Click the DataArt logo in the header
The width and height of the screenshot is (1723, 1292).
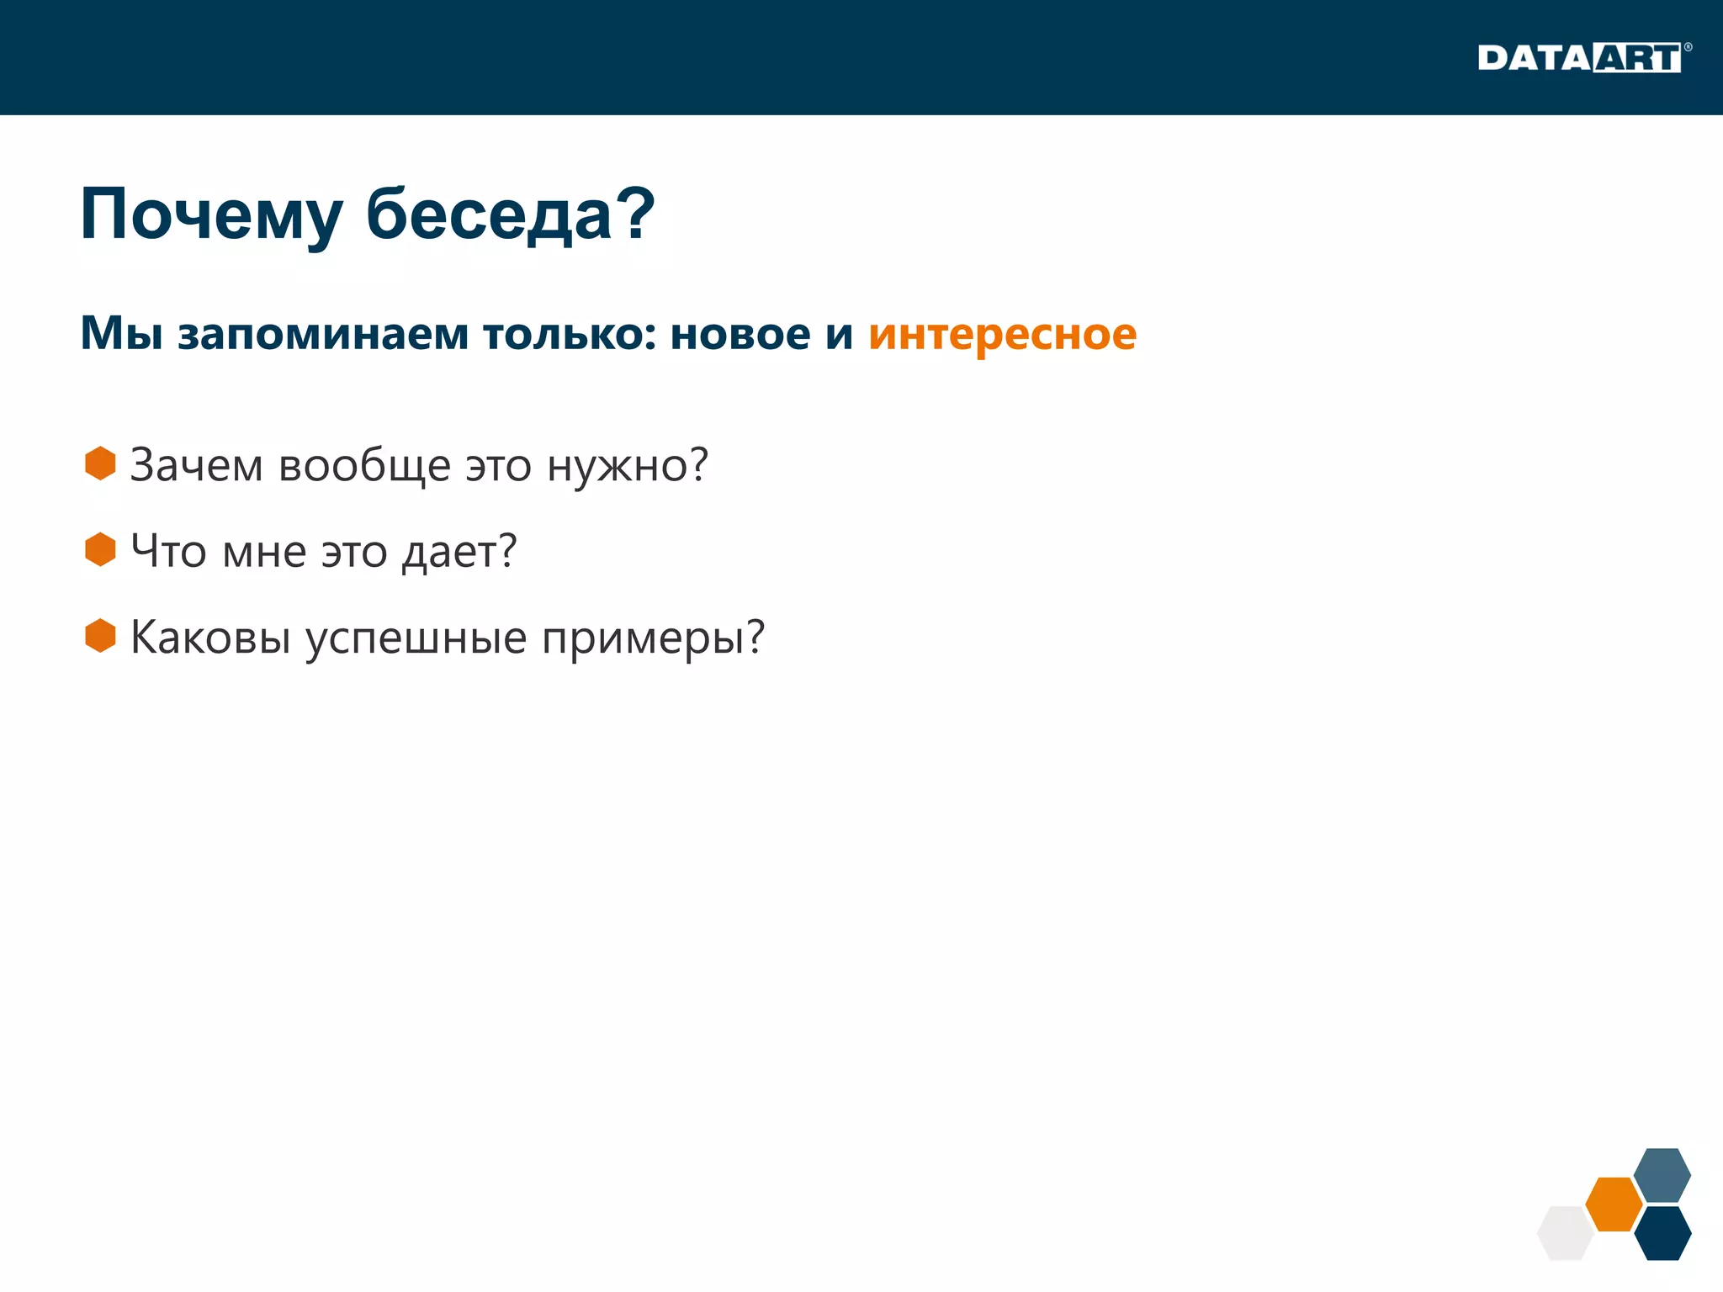(1579, 58)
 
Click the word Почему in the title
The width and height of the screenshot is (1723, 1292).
(211, 214)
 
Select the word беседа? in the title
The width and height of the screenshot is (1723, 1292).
(510, 214)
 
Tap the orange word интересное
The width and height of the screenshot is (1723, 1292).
(1002, 334)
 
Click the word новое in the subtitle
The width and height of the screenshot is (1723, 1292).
(740, 334)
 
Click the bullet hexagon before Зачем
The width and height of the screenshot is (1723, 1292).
(100, 463)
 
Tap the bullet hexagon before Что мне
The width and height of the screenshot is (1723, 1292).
(100, 549)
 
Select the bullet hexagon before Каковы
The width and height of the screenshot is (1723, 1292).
(100, 636)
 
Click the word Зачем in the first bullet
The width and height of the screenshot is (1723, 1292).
(196, 465)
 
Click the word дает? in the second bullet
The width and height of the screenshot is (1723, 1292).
(459, 553)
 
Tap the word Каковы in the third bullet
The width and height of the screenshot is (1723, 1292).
(210, 638)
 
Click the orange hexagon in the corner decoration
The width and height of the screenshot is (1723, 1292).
(1614, 1204)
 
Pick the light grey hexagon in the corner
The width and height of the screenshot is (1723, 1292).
(1565, 1233)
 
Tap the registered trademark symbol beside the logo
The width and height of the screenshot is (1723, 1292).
(1688, 47)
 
